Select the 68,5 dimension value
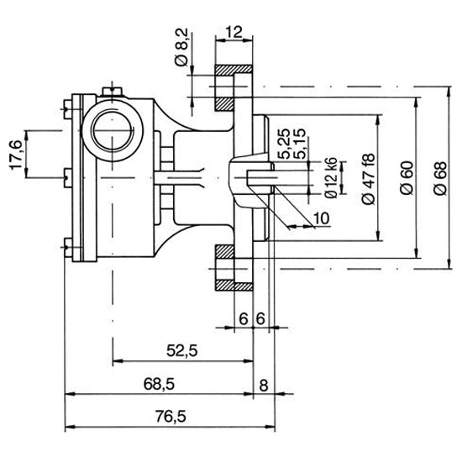tap(159, 384)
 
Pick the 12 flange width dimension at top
tap(234, 31)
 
